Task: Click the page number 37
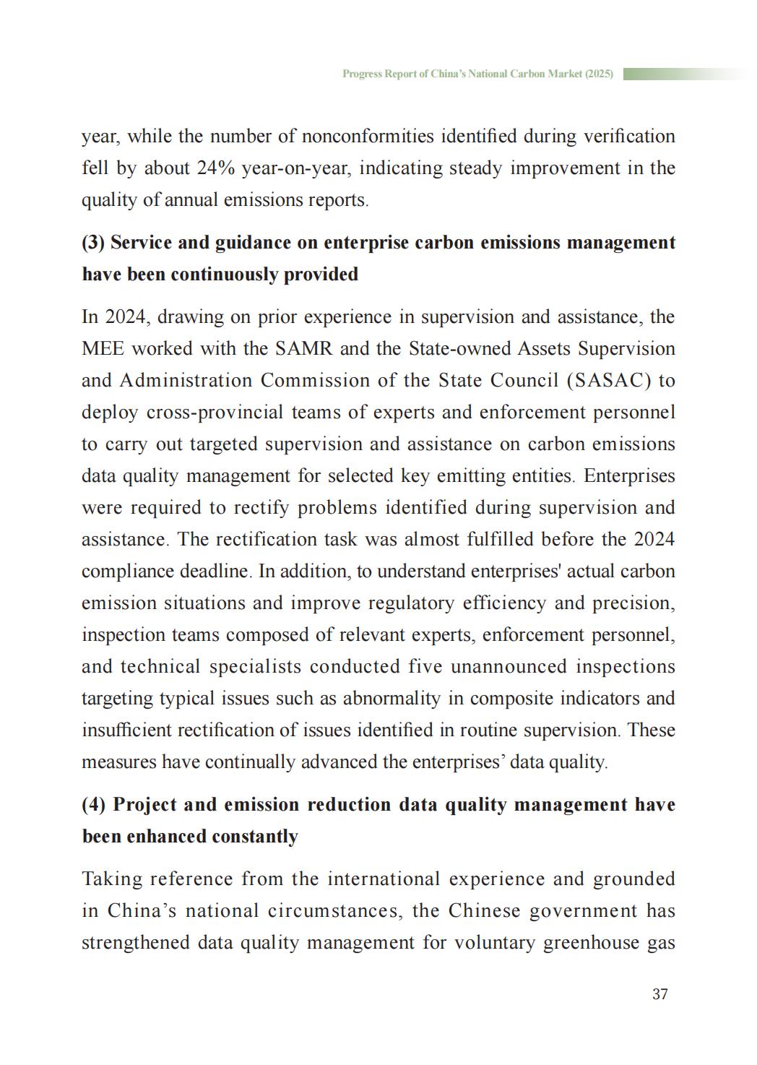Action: click(659, 994)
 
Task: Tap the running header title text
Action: click(477, 74)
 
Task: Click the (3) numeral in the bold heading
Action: click(93, 242)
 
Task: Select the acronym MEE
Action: click(103, 349)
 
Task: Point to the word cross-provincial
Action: click(215, 413)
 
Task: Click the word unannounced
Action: click(509, 667)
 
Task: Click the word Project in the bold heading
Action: click(144, 804)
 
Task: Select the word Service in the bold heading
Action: click(142, 242)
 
